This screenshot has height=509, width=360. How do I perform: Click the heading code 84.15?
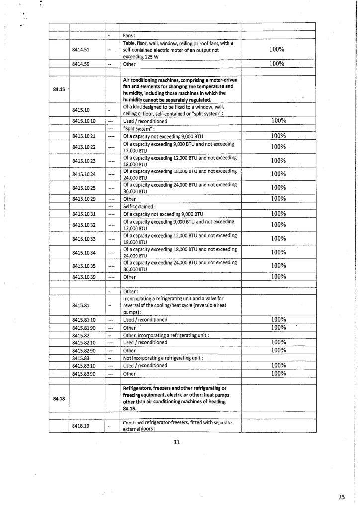click(59, 89)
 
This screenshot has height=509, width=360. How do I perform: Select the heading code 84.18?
click(59, 398)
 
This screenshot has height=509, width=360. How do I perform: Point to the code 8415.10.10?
click(84, 121)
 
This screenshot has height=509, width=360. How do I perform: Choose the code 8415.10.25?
click(84, 188)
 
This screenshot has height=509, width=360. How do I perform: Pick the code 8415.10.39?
click(84, 277)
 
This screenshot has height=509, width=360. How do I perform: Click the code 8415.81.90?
click(84, 328)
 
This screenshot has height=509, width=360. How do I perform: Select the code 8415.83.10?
click(84, 365)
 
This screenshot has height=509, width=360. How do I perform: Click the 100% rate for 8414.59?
click(277, 64)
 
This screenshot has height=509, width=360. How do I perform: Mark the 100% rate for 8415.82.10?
click(278, 342)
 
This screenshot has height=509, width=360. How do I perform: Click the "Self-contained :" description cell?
click(142, 206)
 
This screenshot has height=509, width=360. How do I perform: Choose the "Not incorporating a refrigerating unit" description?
click(165, 358)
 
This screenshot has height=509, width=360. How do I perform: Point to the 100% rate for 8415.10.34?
click(278, 252)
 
